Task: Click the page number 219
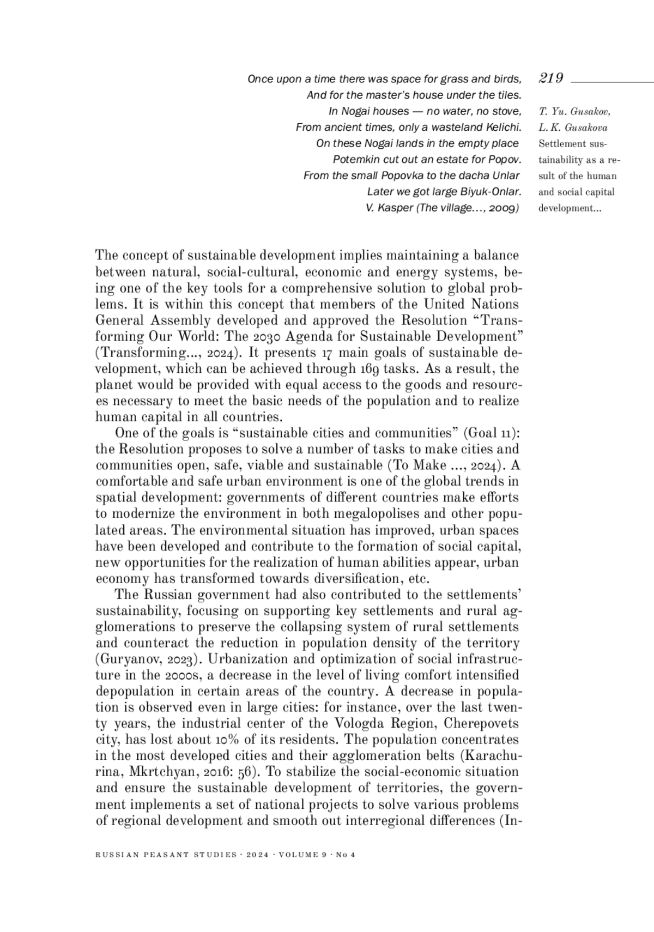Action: (x=551, y=78)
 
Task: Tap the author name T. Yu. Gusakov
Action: (x=574, y=112)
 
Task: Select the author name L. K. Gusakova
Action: (x=573, y=128)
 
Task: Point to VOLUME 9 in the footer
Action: (x=302, y=855)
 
